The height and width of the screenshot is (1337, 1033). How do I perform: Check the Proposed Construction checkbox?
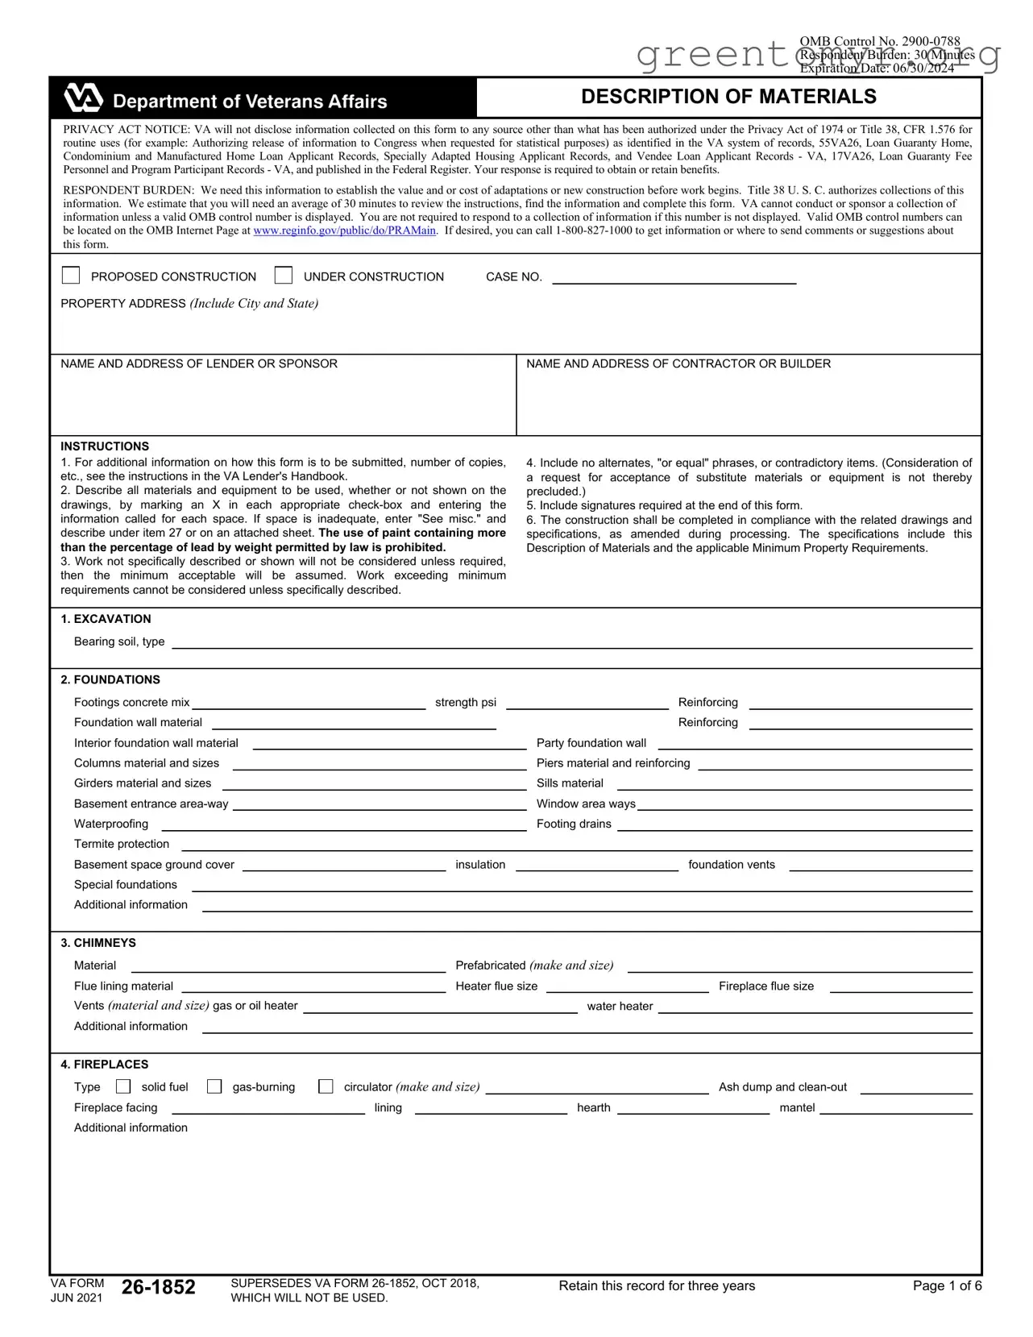coord(71,276)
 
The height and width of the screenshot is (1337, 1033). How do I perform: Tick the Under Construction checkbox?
coord(284,276)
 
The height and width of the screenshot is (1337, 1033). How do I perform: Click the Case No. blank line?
coord(674,277)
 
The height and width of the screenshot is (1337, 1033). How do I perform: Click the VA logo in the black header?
coord(84,98)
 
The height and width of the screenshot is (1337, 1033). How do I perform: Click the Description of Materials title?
coord(728,97)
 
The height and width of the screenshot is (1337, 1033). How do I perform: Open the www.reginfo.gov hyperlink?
coord(344,230)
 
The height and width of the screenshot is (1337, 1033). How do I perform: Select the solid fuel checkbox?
coord(123,1086)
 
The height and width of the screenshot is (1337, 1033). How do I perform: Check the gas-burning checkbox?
coord(214,1086)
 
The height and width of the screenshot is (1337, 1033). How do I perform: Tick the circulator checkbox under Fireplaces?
coord(326,1086)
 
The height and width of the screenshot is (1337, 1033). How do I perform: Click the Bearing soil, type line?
coord(572,642)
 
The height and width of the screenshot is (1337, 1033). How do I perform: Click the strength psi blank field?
coord(587,703)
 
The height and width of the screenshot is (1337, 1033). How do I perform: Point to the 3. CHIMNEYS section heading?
coord(98,943)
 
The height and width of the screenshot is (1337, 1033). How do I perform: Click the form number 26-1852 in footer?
coord(158,1287)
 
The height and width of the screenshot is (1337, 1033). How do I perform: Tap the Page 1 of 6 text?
coord(947,1286)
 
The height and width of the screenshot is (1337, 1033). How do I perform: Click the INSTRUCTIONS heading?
coord(105,446)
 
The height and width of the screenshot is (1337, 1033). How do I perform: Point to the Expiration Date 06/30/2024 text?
coord(877,69)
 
